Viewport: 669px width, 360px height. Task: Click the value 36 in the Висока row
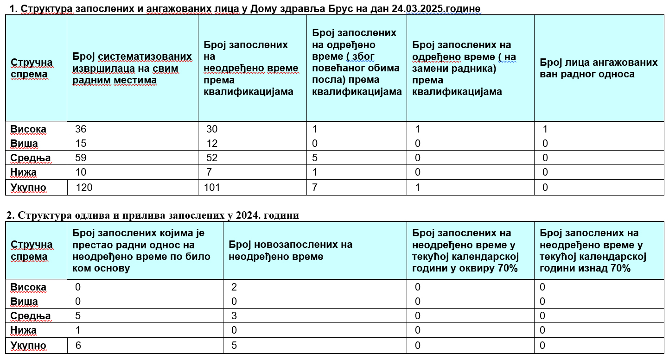81,129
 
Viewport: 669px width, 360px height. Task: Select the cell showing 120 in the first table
83,188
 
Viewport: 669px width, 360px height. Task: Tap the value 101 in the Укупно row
212,188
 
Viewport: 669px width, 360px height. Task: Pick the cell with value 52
212,158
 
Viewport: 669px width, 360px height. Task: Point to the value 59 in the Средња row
81,158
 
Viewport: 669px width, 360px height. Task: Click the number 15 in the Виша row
81,144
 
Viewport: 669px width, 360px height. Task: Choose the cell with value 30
212,129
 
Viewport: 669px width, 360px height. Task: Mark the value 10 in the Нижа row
81,172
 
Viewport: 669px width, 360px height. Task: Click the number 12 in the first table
212,144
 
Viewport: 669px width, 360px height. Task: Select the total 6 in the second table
78,346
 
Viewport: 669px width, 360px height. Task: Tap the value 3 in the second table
234,316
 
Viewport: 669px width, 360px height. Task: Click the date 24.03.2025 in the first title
430,8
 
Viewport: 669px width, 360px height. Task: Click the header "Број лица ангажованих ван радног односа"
599,68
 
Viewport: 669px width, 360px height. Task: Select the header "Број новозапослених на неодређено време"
291,250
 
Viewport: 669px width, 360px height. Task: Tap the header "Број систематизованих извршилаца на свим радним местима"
132,69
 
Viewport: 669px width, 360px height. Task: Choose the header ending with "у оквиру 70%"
465,251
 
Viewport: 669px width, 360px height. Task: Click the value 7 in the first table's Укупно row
315,188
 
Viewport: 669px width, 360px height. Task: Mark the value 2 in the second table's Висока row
234,287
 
